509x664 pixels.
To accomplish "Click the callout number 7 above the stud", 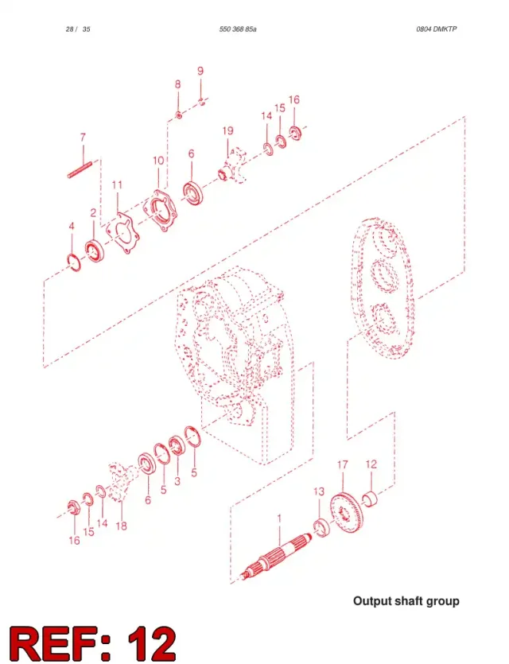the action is [x=83, y=138].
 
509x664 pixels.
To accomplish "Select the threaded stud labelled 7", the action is [x=80, y=169].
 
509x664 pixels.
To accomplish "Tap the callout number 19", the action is [x=227, y=130].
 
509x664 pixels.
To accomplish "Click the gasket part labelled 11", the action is [x=122, y=232].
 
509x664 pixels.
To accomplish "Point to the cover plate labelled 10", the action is [x=159, y=211].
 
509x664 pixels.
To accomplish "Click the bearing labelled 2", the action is [x=94, y=251].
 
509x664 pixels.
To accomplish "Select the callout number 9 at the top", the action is [x=200, y=71].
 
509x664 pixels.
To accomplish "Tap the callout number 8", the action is [x=178, y=84].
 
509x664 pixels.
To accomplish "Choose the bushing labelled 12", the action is [x=370, y=498].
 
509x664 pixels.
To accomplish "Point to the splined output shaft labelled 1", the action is [x=275, y=556].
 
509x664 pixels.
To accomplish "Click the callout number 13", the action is [x=319, y=491].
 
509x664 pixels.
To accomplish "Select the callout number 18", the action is [x=121, y=526].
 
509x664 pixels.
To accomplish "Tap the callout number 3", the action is [x=177, y=481].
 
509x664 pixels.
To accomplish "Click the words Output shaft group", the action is [x=406, y=601].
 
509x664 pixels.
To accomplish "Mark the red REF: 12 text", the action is [x=93, y=643].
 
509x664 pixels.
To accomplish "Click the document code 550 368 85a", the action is [x=238, y=29].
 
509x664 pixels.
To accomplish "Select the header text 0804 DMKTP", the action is [x=436, y=29].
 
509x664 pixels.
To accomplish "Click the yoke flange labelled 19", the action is [x=233, y=165].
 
